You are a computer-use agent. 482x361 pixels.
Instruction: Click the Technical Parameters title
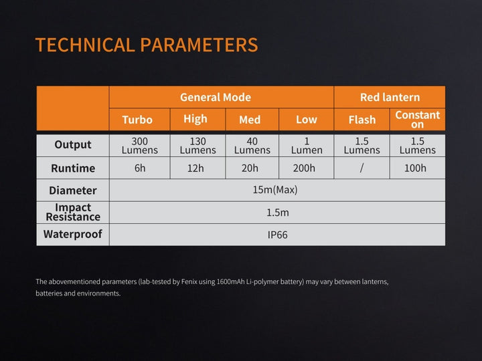[146, 45]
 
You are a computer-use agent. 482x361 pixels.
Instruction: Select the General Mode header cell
[215, 97]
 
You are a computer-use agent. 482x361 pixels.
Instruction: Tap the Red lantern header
[390, 97]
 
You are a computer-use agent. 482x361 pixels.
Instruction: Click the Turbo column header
[137, 120]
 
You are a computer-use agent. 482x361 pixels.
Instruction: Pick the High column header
[195, 119]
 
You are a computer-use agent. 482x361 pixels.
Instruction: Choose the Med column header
[250, 120]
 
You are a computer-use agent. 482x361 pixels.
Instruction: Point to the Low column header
[306, 120]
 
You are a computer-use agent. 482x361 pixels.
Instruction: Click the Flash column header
[362, 120]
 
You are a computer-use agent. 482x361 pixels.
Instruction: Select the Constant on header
[418, 120]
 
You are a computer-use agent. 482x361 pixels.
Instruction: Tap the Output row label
[73, 145]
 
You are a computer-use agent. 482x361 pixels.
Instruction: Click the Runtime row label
[73, 168]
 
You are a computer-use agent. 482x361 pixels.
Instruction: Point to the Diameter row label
[73, 191]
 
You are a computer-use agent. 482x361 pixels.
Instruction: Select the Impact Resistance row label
[73, 212]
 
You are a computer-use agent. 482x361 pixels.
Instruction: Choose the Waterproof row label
[73, 235]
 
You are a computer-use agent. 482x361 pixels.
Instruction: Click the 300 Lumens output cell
[139, 146]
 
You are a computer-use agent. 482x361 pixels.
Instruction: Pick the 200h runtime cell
[304, 168]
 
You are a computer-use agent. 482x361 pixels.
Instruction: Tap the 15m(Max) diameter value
[275, 190]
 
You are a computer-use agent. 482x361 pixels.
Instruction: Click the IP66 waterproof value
[277, 235]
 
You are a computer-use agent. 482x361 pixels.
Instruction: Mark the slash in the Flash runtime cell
[361, 168]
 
